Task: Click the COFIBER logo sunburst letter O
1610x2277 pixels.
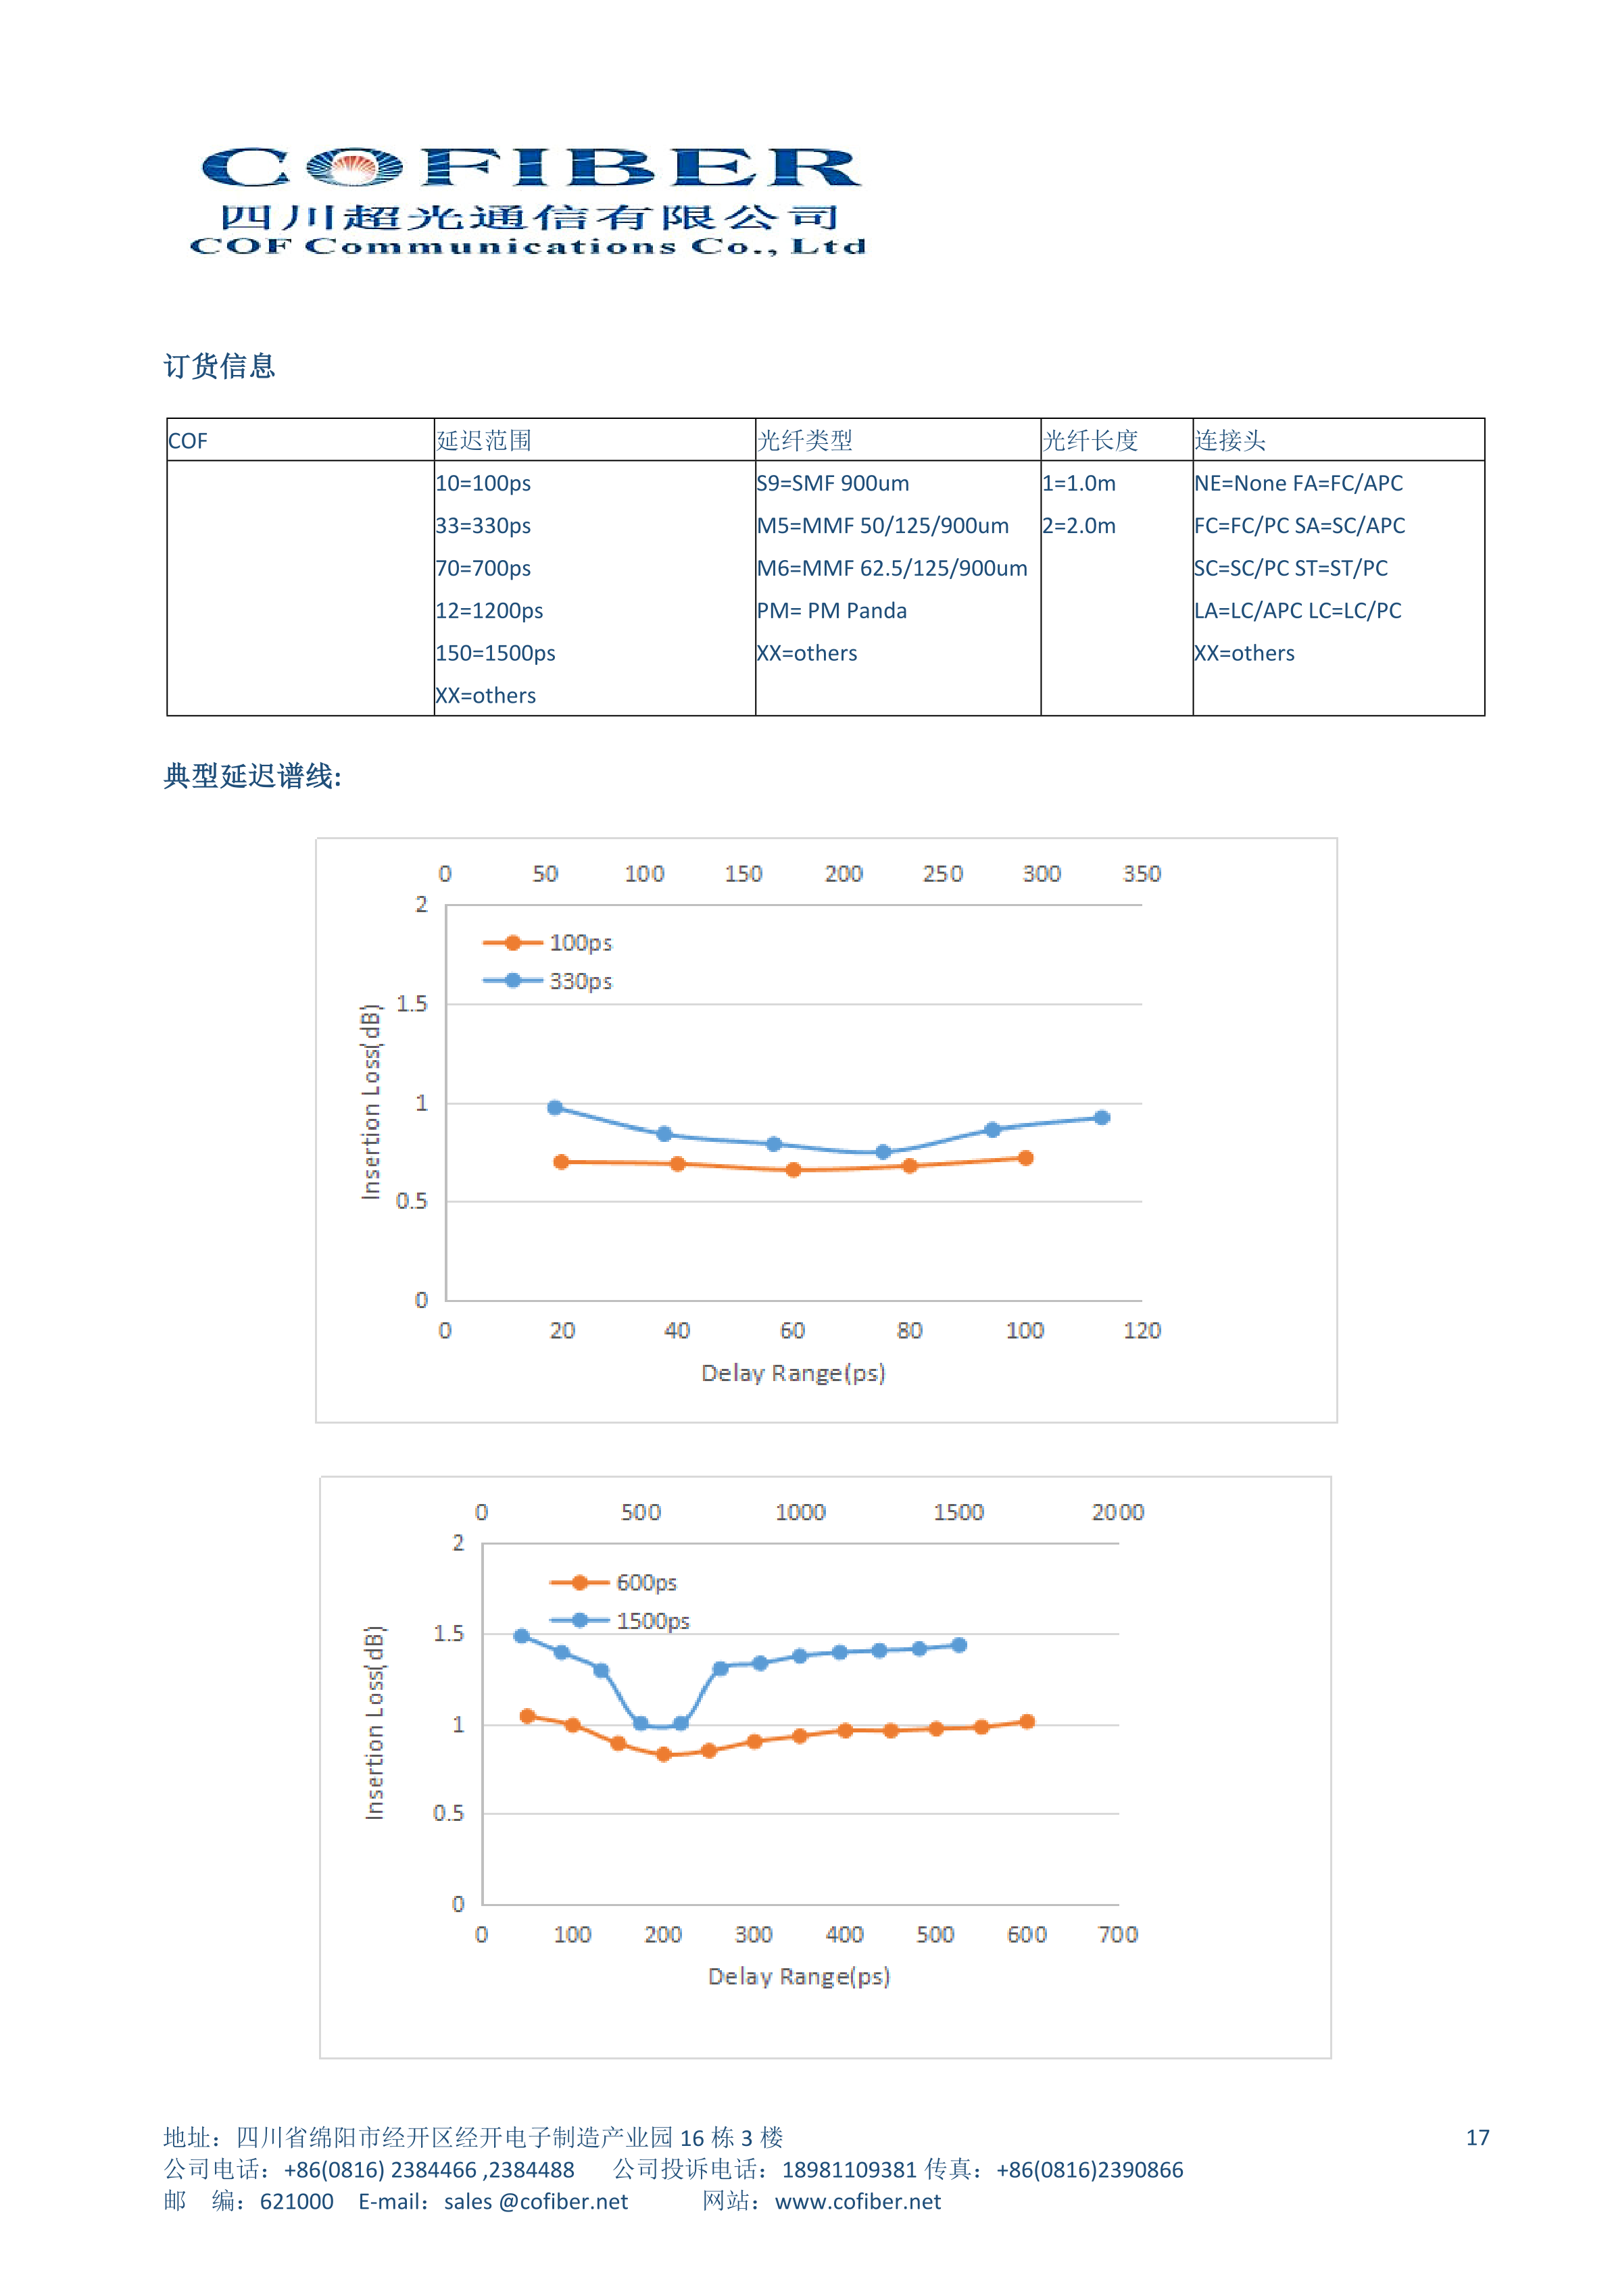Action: pos(354,167)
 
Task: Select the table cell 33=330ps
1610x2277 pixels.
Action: pos(483,526)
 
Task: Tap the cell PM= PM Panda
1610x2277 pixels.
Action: pos(831,611)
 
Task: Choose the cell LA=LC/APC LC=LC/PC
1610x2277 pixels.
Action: pos(1298,611)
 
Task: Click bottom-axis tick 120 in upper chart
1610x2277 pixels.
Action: pos(1142,1331)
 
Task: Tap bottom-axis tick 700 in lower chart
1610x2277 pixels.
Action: pos(1118,1935)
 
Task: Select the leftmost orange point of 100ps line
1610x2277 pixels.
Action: pos(562,1161)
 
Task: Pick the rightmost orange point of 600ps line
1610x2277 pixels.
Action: pos(1027,1723)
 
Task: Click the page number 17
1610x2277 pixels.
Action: pos(1478,2138)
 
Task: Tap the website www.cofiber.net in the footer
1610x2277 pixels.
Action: pos(858,2203)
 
